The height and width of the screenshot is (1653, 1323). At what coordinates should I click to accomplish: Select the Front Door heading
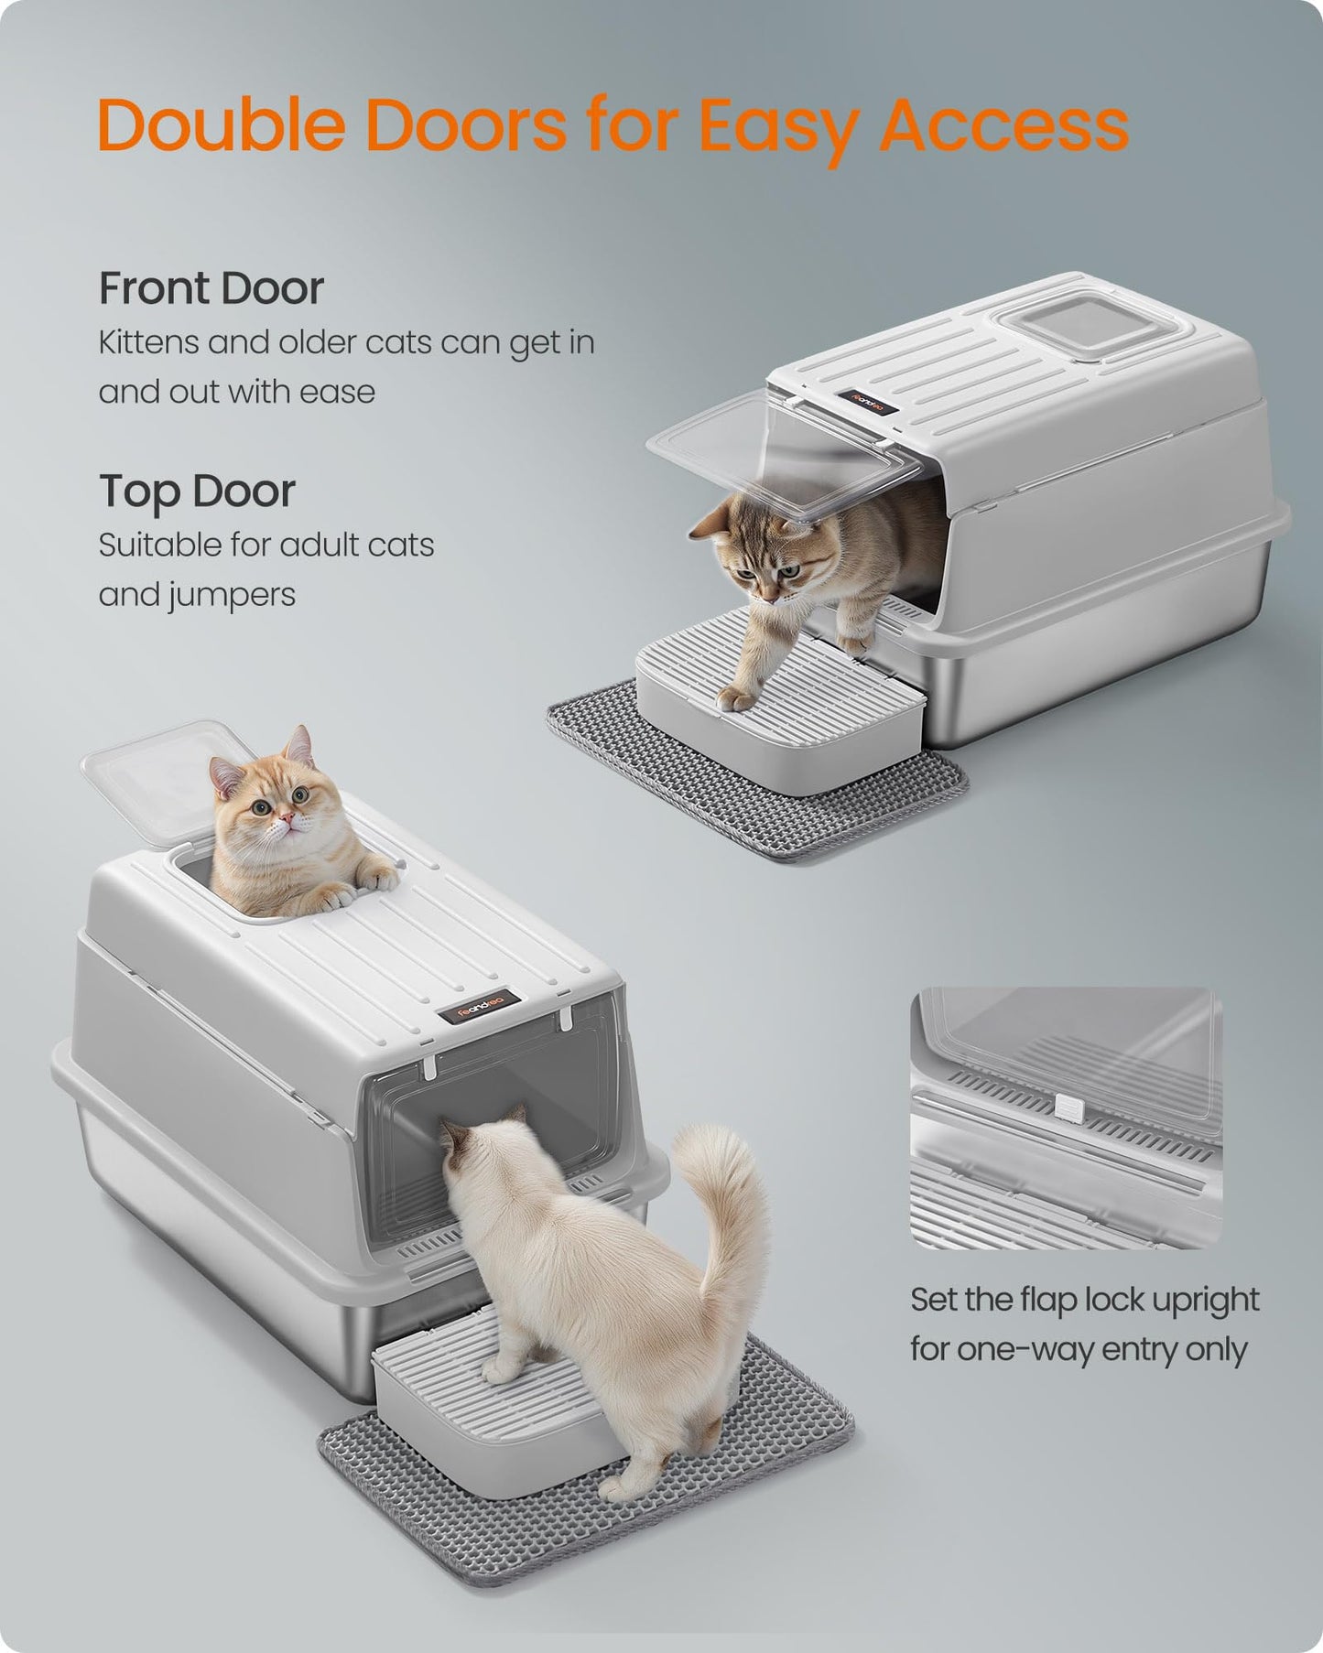point(211,288)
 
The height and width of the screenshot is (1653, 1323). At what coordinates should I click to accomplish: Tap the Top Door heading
point(197,492)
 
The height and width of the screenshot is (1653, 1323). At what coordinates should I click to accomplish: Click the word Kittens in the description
point(146,343)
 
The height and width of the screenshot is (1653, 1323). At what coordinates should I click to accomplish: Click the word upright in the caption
point(1205,1300)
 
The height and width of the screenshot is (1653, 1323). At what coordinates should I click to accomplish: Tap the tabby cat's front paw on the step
point(737,701)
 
